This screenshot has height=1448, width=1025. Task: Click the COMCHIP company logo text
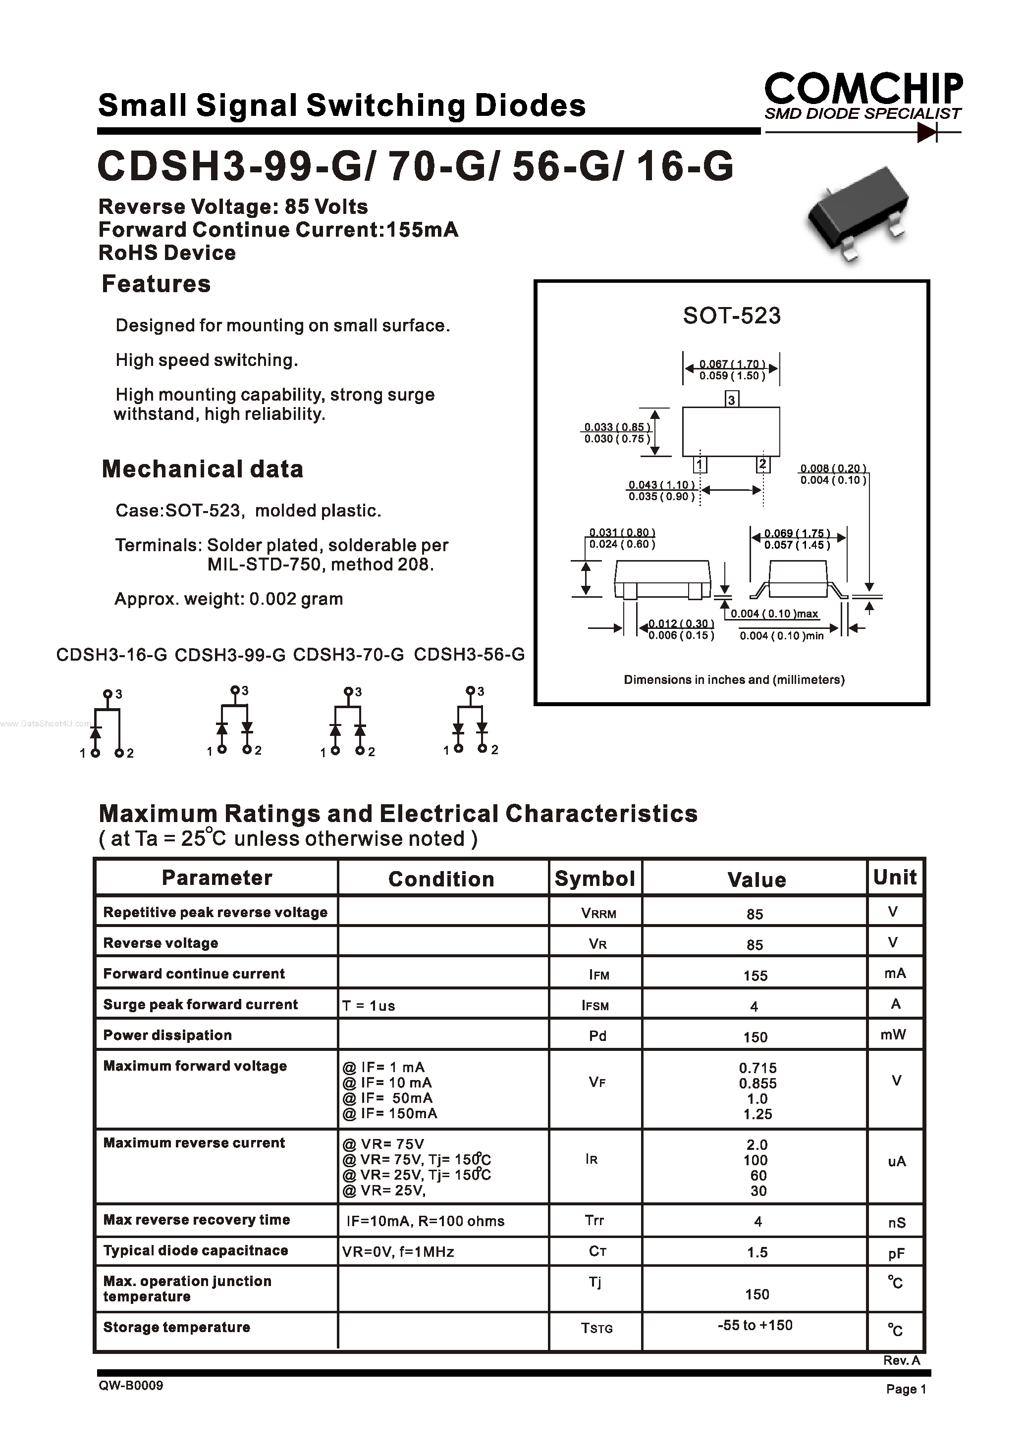[x=863, y=89]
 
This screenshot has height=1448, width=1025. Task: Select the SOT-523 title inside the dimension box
[x=732, y=315]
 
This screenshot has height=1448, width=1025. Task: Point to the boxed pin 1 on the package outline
[x=700, y=465]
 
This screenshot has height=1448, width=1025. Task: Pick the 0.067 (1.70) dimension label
[x=732, y=364]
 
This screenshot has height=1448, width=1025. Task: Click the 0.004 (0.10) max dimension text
[x=774, y=614]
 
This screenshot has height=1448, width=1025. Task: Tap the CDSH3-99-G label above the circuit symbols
[x=230, y=655]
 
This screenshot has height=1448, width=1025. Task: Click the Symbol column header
[x=594, y=879]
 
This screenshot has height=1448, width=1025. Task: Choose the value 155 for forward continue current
[x=755, y=976]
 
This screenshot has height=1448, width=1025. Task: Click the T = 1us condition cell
[x=369, y=1006]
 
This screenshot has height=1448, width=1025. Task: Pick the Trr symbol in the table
[x=594, y=1220]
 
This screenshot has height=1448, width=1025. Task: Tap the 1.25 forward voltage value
[x=757, y=1114]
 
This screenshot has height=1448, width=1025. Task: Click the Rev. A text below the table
[x=901, y=1361]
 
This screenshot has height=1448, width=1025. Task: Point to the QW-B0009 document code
[x=131, y=1386]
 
